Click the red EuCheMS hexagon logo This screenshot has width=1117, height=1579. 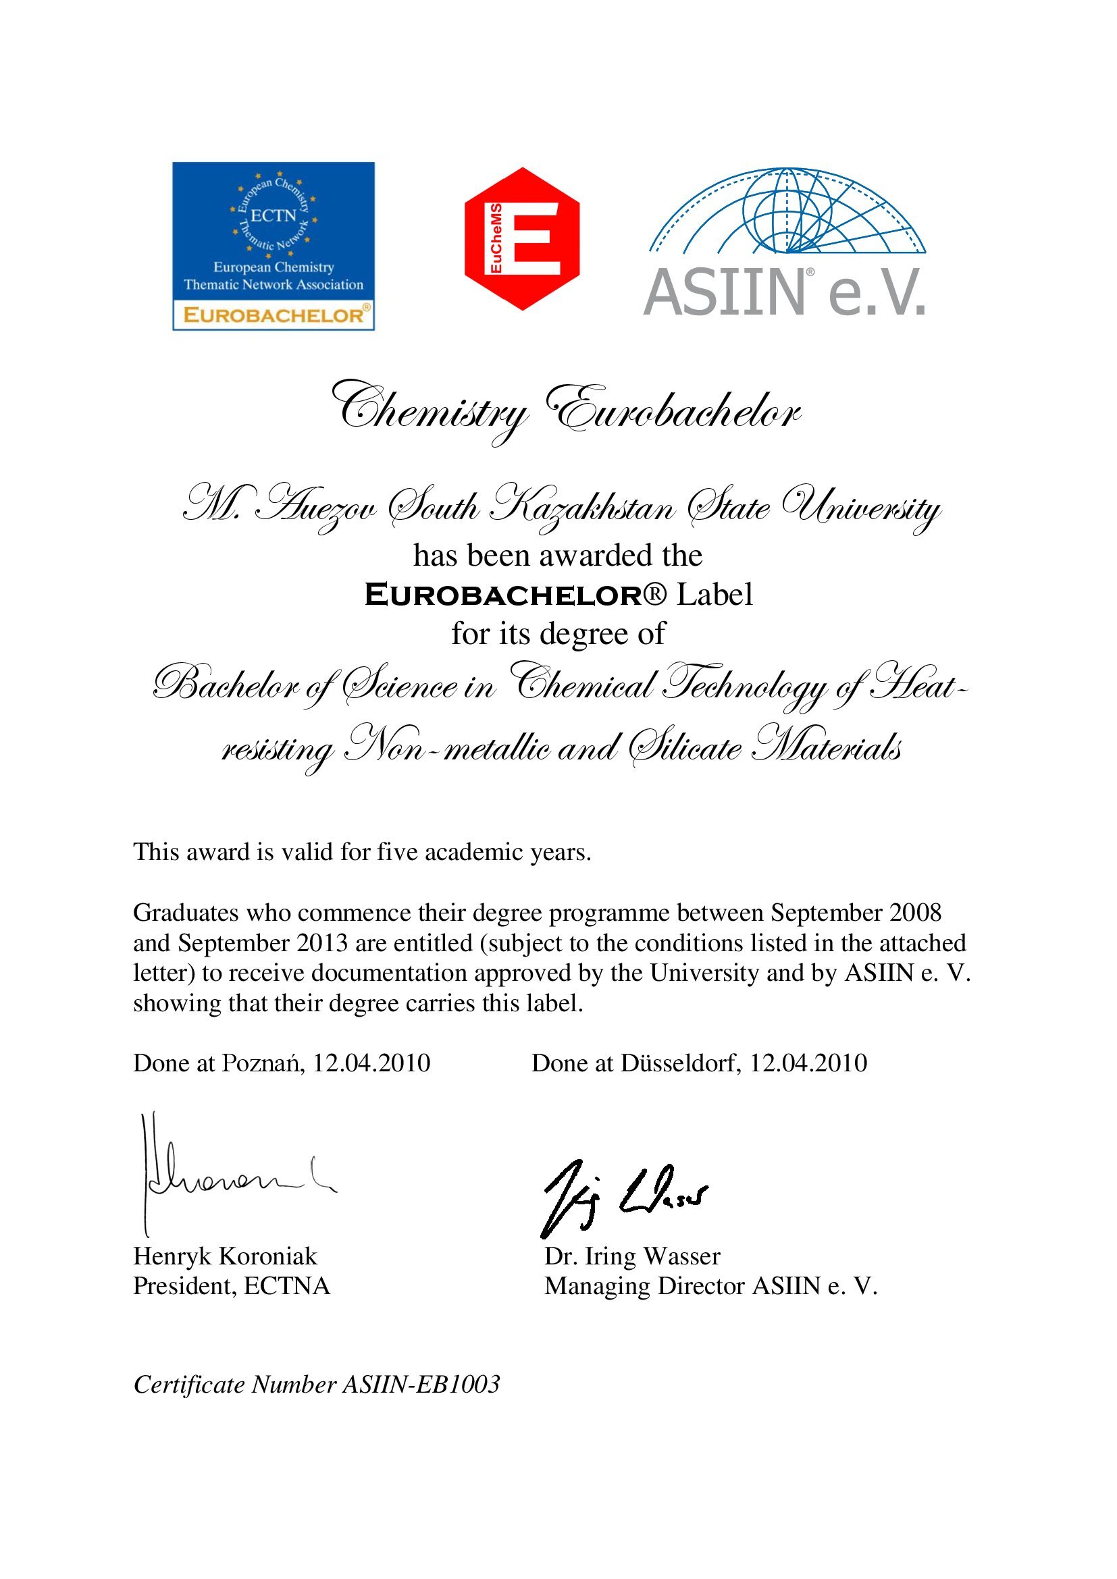pos(521,238)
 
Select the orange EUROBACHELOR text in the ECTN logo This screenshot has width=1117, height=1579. pos(273,316)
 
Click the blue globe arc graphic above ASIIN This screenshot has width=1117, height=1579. pos(787,211)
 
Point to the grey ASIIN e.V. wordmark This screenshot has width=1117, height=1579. pos(785,293)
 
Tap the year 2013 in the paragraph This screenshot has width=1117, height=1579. pos(322,943)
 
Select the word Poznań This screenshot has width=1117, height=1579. pos(262,1063)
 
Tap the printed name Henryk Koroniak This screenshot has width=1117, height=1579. pos(225,1256)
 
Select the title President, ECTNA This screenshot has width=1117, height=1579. pos(231,1286)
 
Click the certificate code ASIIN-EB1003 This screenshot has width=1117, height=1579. pos(421,1385)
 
